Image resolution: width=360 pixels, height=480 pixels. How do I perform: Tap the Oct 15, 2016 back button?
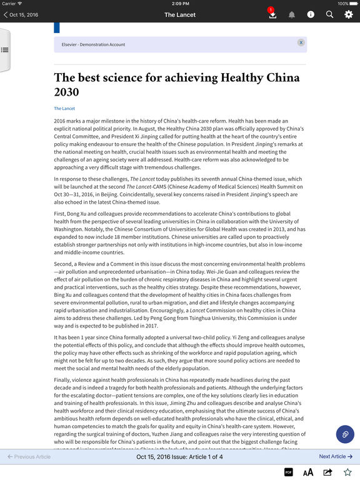[21, 14]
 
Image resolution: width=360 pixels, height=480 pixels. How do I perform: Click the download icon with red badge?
[272, 14]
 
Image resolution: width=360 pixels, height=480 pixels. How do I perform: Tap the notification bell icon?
[291, 14]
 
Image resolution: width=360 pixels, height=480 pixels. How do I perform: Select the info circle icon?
[311, 14]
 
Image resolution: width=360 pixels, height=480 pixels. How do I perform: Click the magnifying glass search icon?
[329, 14]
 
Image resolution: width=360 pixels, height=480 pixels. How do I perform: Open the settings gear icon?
[349, 14]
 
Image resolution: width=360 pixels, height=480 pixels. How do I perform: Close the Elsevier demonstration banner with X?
[301, 42]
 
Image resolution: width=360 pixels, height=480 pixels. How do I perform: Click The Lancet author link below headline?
[64, 109]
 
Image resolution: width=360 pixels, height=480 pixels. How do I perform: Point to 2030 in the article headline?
[67, 92]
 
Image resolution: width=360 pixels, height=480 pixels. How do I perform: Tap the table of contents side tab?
[4, 49]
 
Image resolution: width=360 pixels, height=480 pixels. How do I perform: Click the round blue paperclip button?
[344, 434]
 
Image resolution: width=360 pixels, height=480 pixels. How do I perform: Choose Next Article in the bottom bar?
[336, 457]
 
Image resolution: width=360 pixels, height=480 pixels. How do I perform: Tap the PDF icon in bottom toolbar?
[289, 472]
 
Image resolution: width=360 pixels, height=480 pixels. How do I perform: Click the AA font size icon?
[308, 472]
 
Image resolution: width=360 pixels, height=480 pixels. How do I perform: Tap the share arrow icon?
[328, 472]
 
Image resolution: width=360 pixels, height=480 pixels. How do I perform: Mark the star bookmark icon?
[348, 472]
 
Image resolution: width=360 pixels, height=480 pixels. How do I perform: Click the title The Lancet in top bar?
[180, 14]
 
